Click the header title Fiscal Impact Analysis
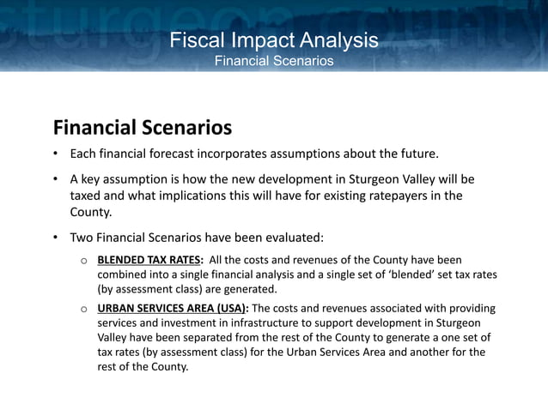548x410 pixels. (x=273, y=39)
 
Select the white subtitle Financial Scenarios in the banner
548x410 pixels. (x=273, y=60)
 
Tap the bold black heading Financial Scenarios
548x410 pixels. (x=142, y=128)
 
